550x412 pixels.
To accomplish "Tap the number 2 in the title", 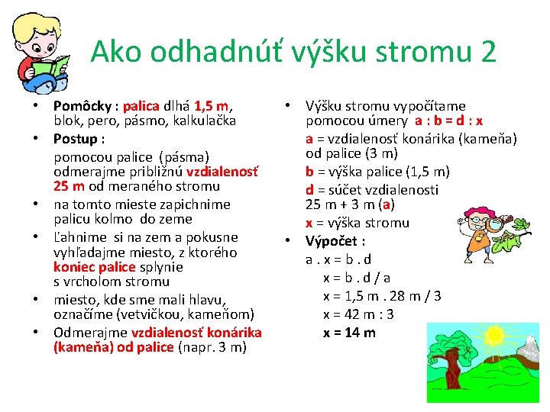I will point(488,53).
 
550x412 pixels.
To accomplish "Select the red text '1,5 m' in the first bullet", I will point(212,106).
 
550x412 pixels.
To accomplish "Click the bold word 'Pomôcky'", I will point(82,106).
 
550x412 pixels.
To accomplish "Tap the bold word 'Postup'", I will point(76,139).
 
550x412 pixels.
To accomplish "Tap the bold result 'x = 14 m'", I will point(349,333).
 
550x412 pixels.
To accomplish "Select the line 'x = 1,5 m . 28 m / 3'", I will point(382,296).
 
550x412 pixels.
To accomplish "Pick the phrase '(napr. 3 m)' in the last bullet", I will point(212,348).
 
